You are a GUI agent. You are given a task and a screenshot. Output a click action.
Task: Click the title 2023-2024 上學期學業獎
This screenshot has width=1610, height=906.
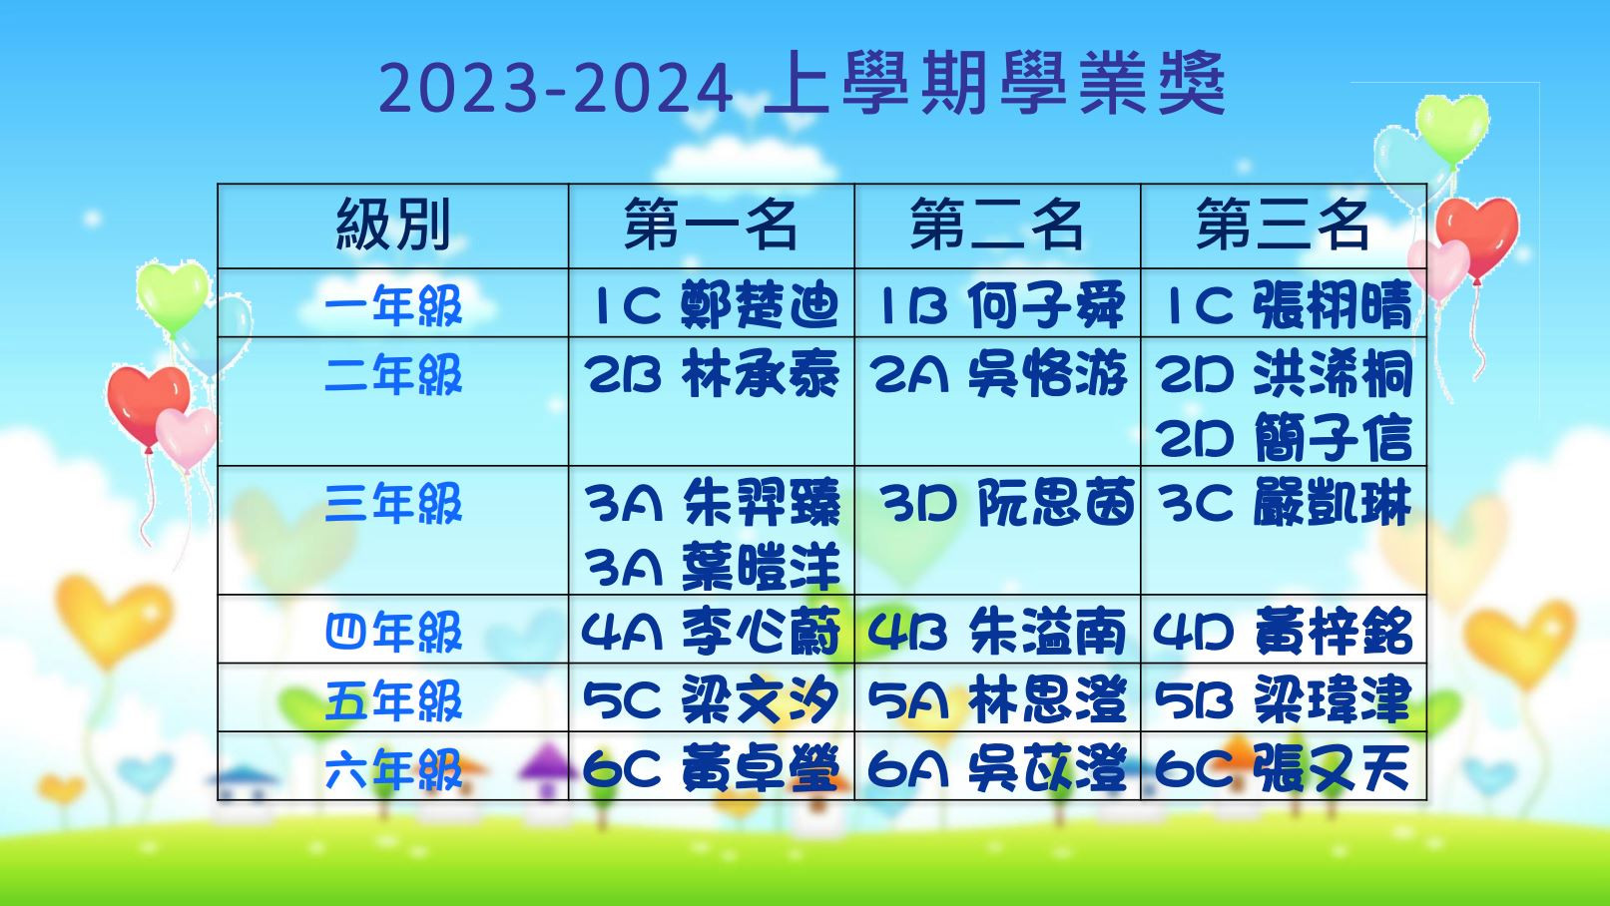(802, 84)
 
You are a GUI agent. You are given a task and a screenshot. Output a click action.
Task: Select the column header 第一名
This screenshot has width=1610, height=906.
(711, 226)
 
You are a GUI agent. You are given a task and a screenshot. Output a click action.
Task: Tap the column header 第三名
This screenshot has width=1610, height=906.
(1283, 226)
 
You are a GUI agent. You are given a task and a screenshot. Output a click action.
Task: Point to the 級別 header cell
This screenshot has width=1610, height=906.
(393, 226)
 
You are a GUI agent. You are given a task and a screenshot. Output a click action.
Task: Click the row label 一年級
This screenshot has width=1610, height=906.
(393, 305)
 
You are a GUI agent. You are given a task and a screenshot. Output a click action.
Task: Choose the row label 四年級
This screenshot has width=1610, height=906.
(393, 632)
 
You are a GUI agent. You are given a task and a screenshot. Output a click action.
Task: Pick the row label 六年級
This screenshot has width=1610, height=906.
(393, 768)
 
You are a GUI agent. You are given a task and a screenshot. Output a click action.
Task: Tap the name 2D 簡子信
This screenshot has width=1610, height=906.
(1286, 438)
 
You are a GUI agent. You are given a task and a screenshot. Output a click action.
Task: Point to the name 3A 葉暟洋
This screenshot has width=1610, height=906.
(712, 566)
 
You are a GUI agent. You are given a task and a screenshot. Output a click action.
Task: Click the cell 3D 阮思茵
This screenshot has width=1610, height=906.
(1008, 503)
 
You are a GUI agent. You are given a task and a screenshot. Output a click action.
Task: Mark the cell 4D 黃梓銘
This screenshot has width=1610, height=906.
(1284, 632)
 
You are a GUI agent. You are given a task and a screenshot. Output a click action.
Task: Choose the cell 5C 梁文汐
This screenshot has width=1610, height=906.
(711, 700)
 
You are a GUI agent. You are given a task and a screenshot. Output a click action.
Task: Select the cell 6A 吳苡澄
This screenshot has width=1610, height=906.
(997, 768)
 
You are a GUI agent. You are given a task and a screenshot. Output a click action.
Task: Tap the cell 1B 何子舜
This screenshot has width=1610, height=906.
(1000, 304)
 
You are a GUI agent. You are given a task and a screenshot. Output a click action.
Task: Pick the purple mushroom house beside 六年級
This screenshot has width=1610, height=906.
(546, 768)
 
